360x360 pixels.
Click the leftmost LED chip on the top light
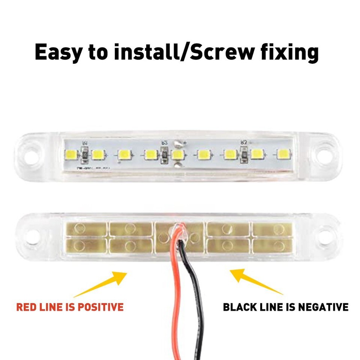71,153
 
